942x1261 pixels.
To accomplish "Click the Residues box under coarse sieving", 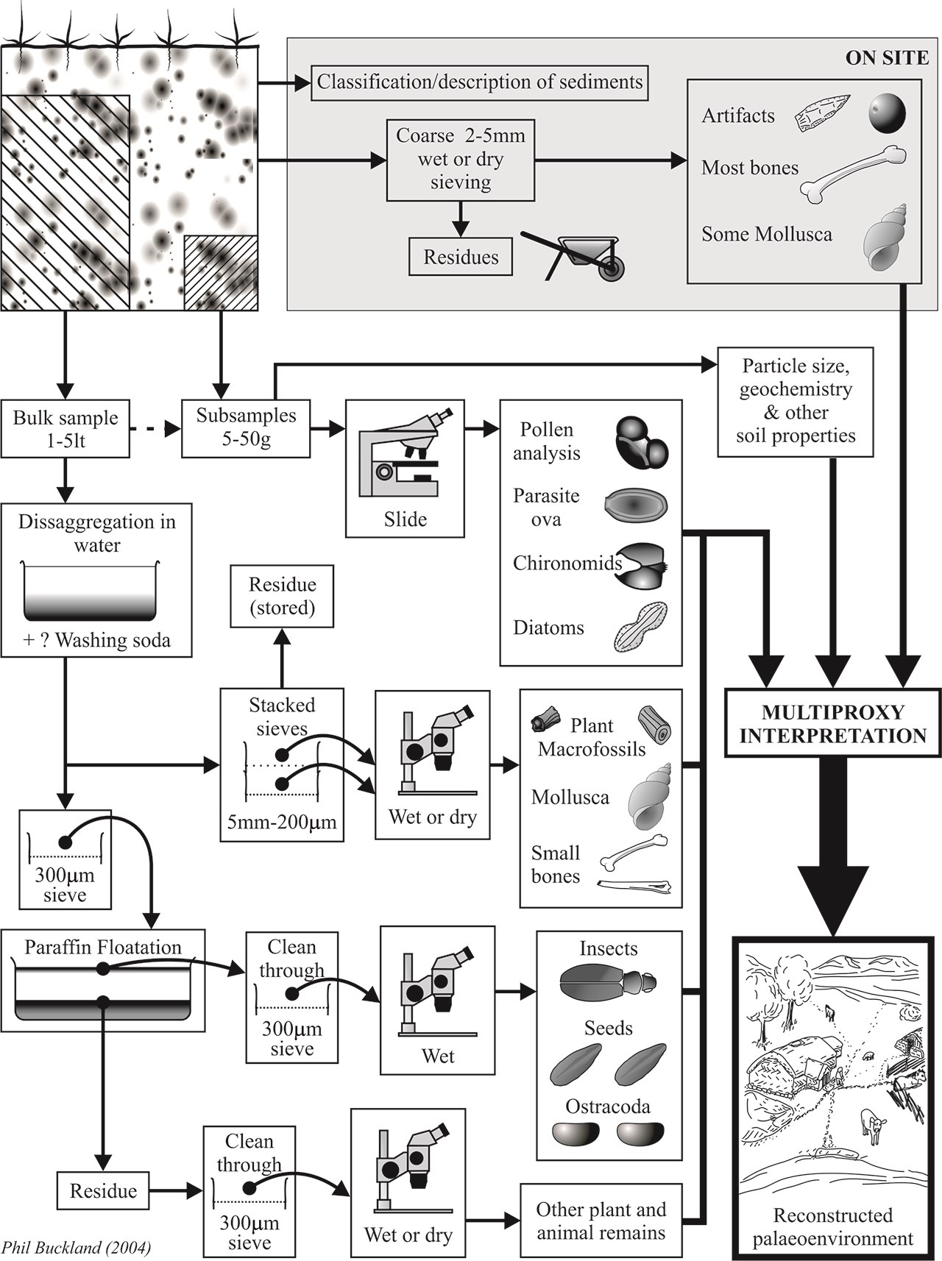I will click(461, 257).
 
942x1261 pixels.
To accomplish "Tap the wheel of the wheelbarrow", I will click(610, 270).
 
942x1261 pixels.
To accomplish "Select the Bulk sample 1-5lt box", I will click(65, 429).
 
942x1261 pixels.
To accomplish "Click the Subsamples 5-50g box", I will click(246, 427).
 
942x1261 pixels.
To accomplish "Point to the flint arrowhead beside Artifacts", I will click(822, 113).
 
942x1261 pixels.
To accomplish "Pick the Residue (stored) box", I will click(282, 596).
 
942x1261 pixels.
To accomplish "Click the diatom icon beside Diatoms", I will click(640, 628).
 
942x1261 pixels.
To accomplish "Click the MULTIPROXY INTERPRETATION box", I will click(832, 724).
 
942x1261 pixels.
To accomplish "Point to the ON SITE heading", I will click(886, 58).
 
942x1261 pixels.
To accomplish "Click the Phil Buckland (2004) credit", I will click(76, 1247).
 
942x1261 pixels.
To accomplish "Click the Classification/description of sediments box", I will click(480, 82).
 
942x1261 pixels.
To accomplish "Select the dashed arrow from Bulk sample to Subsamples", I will click(155, 428).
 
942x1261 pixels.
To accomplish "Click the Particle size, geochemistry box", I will click(796, 401).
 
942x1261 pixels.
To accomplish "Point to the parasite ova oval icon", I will click(636, 505).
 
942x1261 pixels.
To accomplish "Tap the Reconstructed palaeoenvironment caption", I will click(832, 1226).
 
